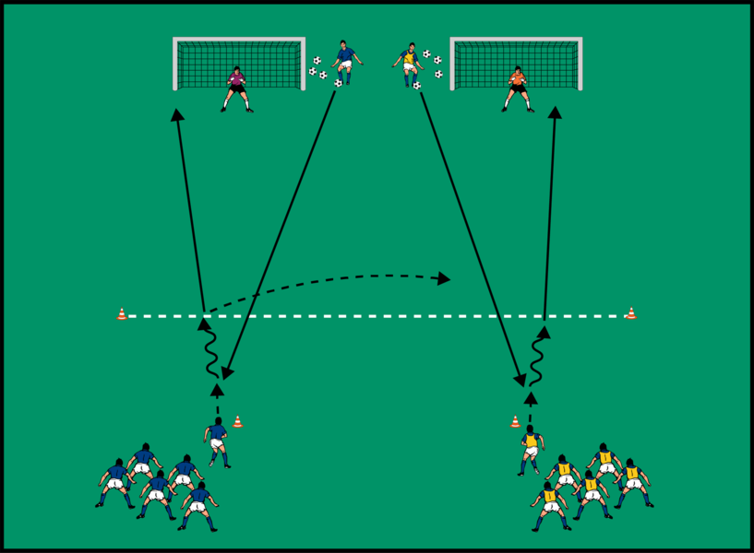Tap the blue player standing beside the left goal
[x=345, y=63]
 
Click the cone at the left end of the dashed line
[x=122, y=314]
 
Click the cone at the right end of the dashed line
[x=630, y=313]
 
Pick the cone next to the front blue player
[x=237, y=421]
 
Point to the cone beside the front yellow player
[x=515, y=421]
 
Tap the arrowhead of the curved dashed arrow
[x=445, y=278]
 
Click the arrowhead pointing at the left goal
[x=176, y=114]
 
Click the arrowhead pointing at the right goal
[x=555, y=112]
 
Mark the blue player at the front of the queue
[x=217, y=441]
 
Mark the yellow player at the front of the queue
[x=531, y=448]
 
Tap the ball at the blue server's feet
[x=338, y=84]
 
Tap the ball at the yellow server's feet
[x=417, y=86]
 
